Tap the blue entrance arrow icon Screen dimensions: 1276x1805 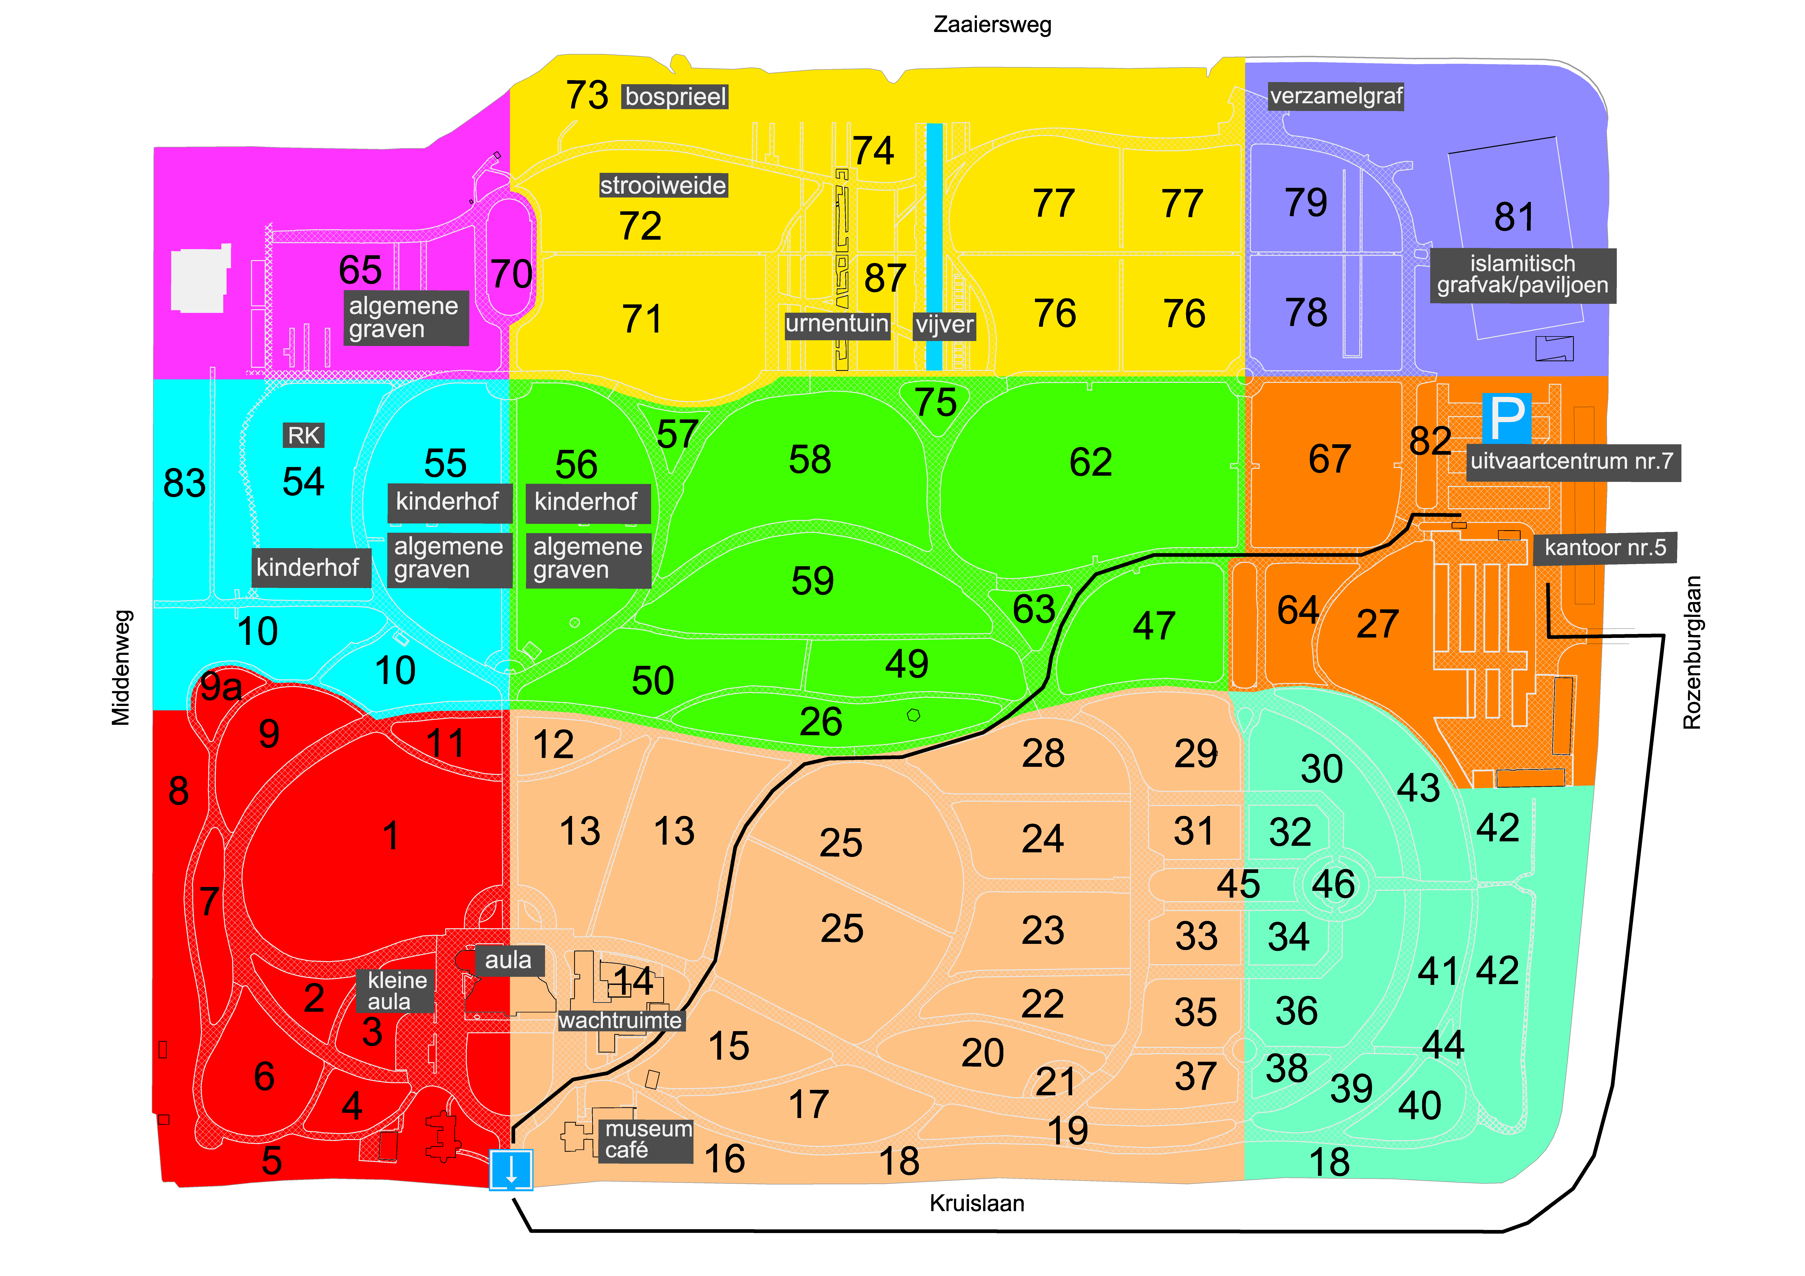click(x=511, y=1169)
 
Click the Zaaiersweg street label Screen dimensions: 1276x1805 click(x=992, y=24)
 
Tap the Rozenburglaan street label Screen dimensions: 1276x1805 click(x=1692, y=652)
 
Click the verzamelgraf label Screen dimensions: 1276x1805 click(x=1336, y=97)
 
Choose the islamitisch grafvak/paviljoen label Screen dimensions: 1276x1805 click(x=1522, y=274)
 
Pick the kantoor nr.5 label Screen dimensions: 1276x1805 click(x=1604, y=548)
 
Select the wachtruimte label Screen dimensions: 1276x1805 click(x=620, y=1021)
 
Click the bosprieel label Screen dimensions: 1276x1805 click(x=675, y=97)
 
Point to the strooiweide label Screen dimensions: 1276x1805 click(x=663, y=185)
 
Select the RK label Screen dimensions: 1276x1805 click(x=303, y=435)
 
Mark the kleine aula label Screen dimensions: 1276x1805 click(x=397, y=991)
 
